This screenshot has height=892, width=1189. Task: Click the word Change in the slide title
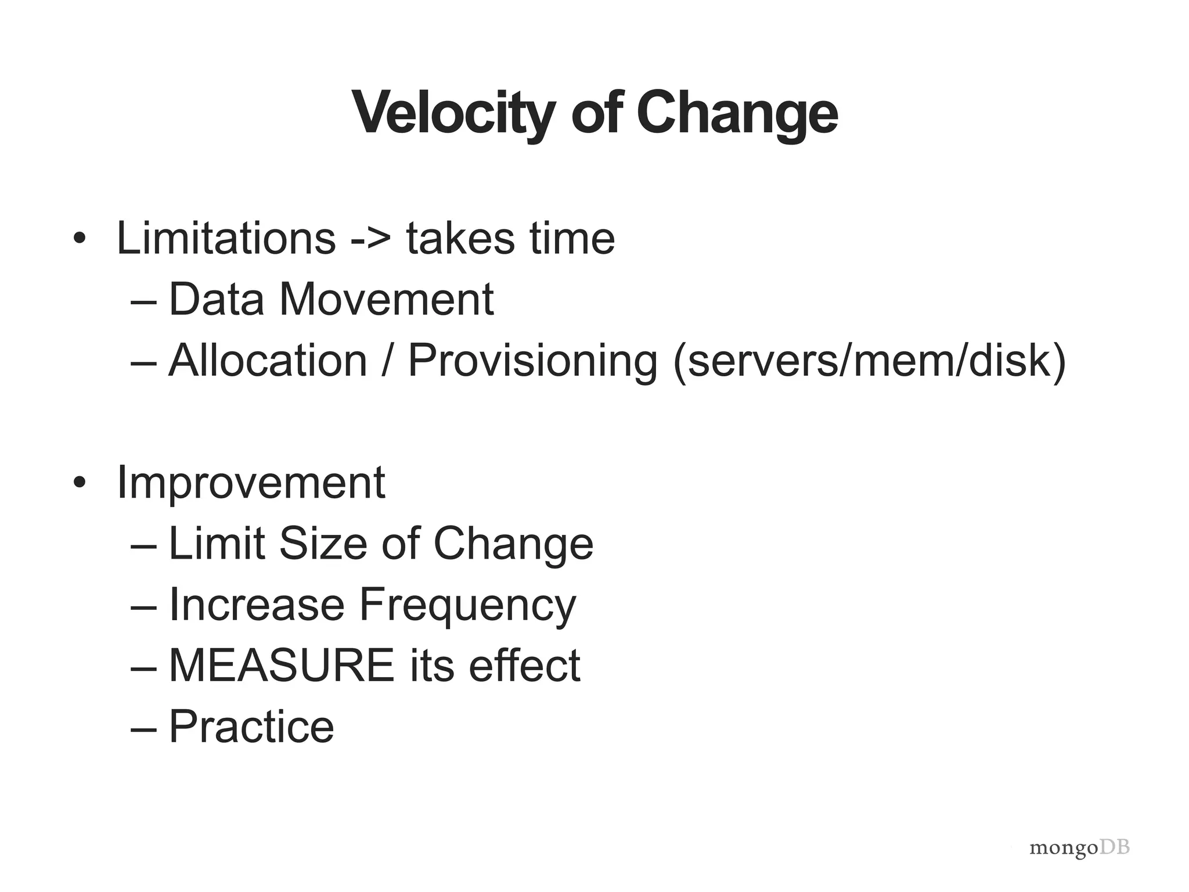tap(737, 113)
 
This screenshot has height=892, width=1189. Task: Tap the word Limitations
tap(226, 238)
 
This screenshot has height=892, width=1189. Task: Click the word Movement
tap(387, 299)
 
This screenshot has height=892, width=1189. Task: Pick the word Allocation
tap(268, 360)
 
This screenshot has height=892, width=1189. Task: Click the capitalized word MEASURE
tap(282, 666)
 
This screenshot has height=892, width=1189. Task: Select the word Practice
tap(251, 726)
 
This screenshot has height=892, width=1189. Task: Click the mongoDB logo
tap(1079, 848)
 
